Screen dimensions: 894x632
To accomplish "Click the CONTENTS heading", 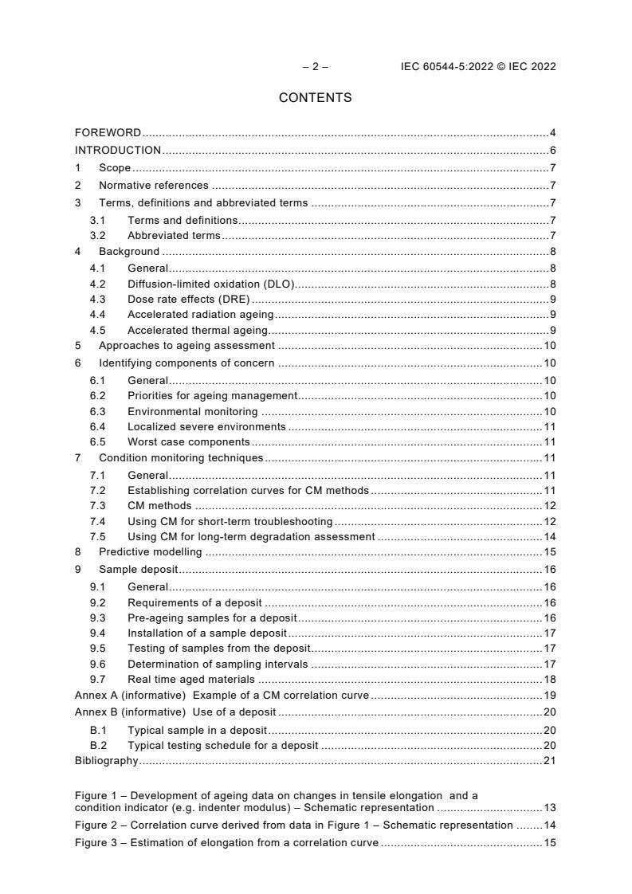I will coord(315,98).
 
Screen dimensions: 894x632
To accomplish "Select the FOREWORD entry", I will coord(108,132).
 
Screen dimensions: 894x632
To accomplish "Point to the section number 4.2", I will coord(97,284).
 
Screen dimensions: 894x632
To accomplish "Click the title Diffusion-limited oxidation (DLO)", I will coord(211,284).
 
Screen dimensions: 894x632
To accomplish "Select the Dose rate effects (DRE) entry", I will coord(189,300).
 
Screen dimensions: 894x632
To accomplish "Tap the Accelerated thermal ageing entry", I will coord(198,330).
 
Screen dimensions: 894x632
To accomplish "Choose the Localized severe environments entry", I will coord(206,427).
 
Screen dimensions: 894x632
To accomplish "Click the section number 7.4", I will coord(97,521).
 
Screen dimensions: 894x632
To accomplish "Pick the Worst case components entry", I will coord(188,442).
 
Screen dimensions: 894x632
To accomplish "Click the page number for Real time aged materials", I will coord(549,679).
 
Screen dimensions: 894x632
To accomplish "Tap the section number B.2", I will coord(97,745).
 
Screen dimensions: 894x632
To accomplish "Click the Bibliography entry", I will coord(106,761).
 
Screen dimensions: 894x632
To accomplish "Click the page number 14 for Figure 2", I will coord(549,825).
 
